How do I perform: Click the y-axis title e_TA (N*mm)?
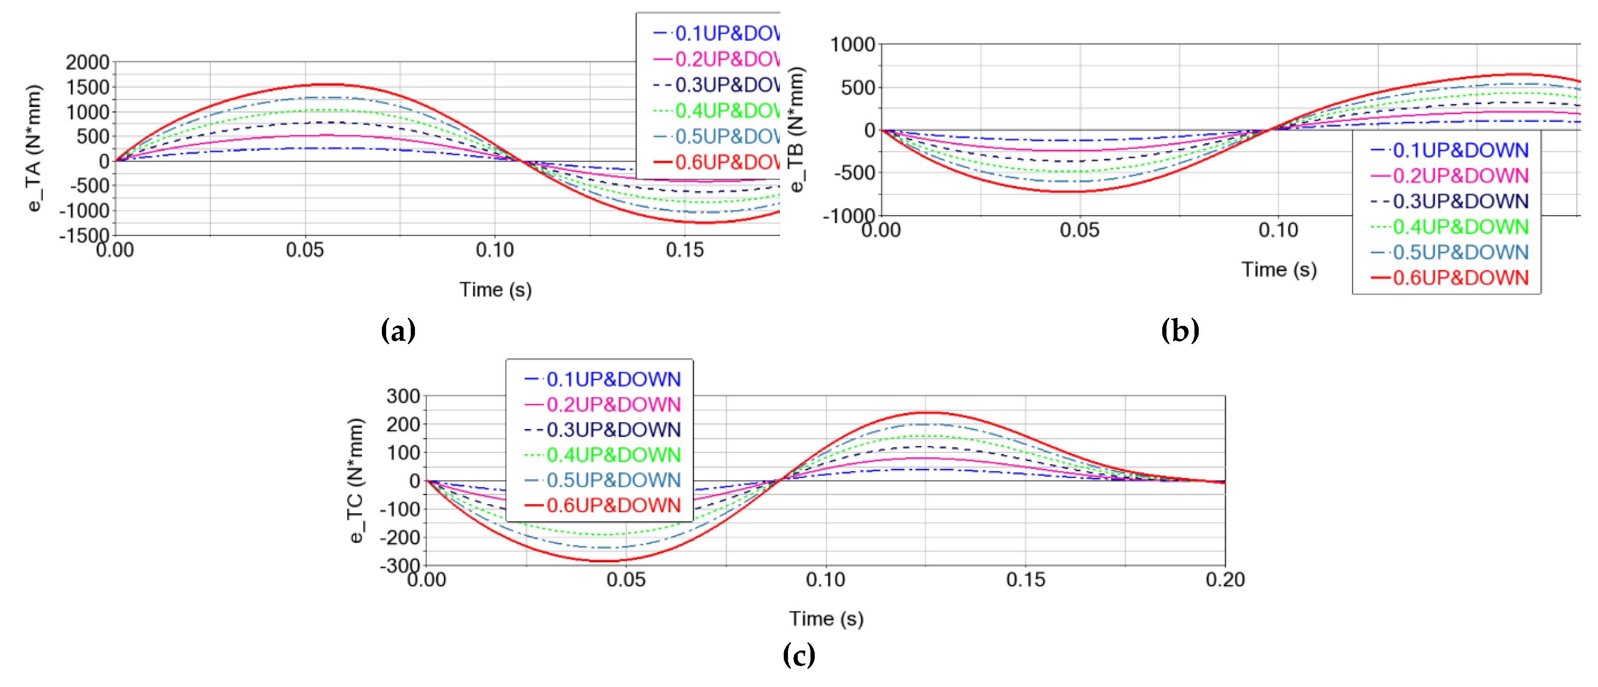pos(35,148)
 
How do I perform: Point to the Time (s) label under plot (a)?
pos(495,290)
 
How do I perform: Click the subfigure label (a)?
pos(398,330)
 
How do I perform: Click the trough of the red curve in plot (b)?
pos(1067,191)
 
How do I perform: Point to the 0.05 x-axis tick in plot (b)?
pos(1079,230)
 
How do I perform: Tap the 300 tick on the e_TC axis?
pos(403,396)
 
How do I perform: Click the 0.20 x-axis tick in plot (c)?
pos(1225,580)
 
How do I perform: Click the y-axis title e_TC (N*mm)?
pos(356,480)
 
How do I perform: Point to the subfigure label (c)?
pos(799,655)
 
